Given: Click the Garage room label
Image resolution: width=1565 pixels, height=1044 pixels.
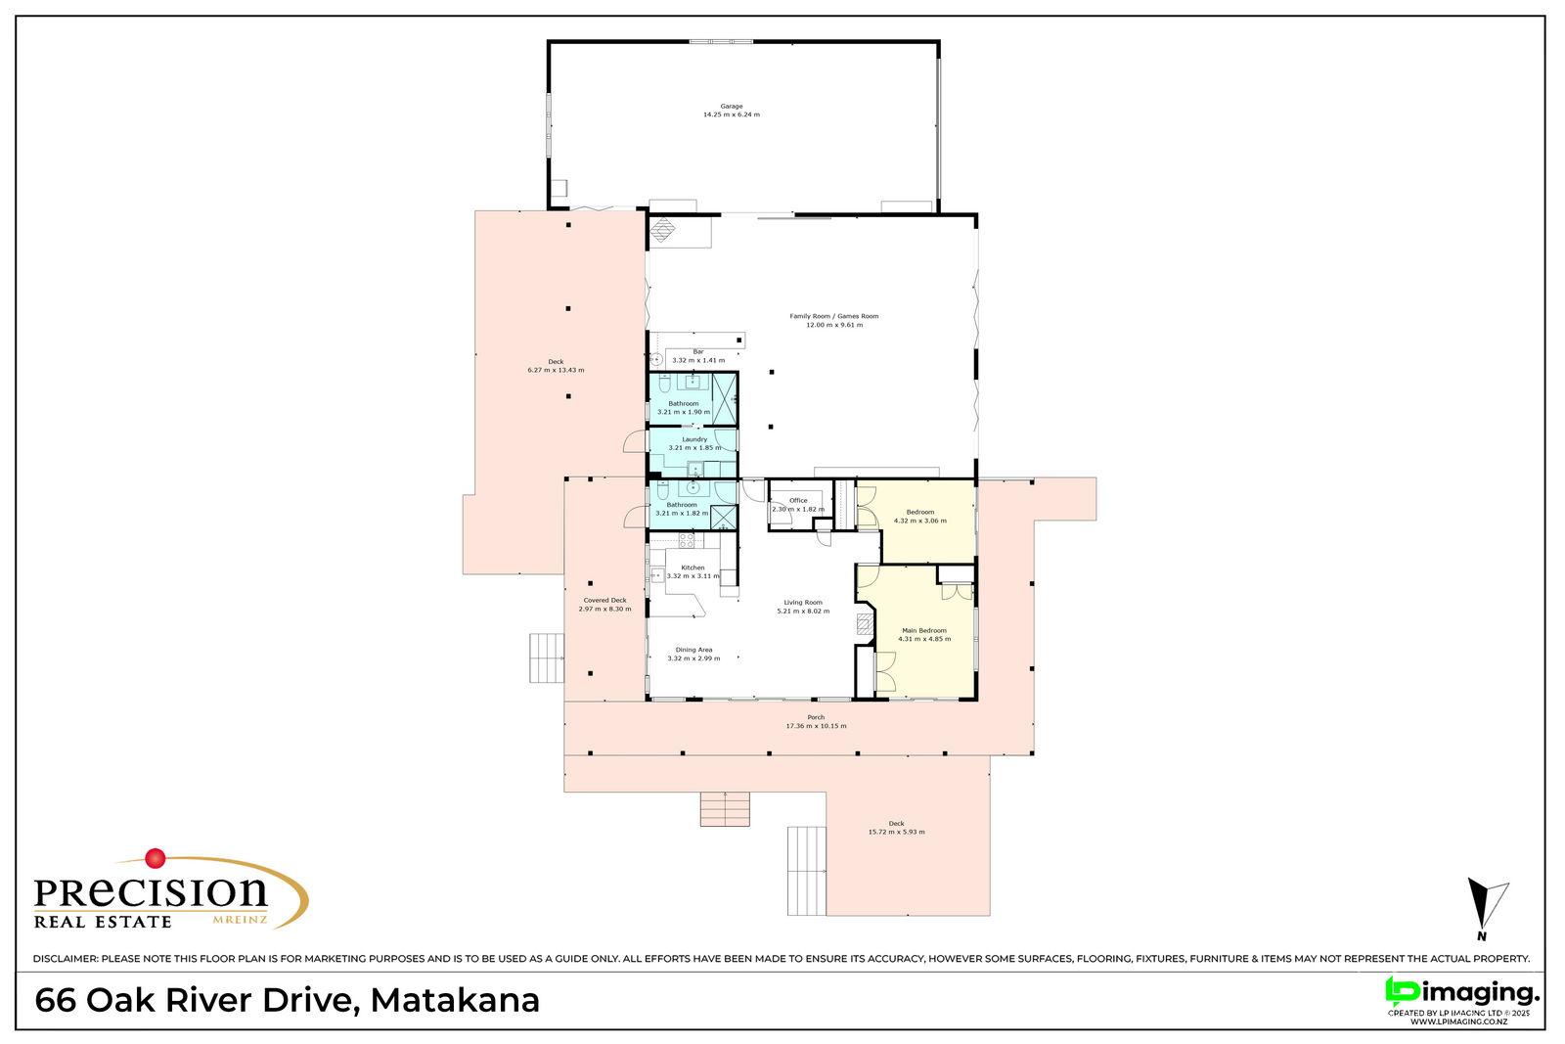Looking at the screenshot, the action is click(732, 107).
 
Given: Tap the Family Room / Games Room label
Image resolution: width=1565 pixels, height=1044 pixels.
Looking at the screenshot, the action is click(834, 316).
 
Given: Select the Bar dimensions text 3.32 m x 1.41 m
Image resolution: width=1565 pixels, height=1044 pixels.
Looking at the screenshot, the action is click(698, 361).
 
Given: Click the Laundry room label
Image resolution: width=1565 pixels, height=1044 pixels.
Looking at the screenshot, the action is click(694, 439).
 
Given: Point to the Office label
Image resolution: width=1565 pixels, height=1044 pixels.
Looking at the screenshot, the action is click(798, 500).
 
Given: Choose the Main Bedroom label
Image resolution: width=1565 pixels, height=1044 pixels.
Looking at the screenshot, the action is click(924, 630).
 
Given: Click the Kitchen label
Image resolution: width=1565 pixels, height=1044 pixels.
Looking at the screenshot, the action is click(693, 567).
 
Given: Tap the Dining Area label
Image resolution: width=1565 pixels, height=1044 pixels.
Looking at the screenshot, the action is click(693, 650).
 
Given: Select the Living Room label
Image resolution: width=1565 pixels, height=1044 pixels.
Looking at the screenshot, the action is click(803, 603).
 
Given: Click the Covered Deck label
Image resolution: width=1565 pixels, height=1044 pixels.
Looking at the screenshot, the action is click(605, 600).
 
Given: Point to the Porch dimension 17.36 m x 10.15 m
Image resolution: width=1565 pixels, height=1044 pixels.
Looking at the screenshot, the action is click(816, 726).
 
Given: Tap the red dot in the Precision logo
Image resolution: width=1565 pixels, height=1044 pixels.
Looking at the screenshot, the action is click(156, 857).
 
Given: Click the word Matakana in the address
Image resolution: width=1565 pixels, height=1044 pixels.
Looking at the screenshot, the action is click(455, 1001).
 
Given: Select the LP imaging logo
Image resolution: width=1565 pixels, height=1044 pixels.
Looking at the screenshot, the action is click(1462, 993).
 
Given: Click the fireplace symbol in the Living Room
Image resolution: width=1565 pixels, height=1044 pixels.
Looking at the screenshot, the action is click(865, 624).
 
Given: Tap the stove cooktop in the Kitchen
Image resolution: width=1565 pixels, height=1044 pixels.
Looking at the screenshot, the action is click(687, 539).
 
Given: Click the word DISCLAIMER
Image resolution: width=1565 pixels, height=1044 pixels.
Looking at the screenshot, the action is click(66, 959).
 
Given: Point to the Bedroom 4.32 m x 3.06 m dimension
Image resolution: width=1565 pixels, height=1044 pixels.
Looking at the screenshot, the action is click(920, 521).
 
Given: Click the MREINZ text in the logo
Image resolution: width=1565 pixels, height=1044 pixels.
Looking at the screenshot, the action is click(240, 921).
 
